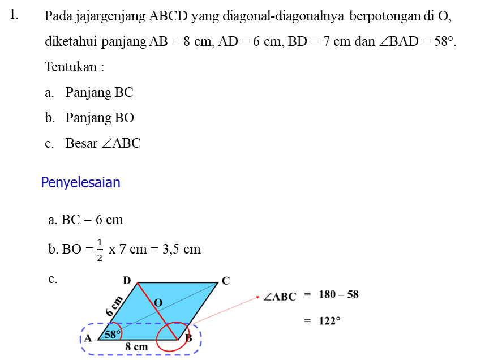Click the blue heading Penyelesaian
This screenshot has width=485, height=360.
tap(80, 182)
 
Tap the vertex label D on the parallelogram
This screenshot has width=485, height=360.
tap(127, 281)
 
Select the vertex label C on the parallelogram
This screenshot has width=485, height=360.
tap(226, 281)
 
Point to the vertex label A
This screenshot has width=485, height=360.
tap(88, 338)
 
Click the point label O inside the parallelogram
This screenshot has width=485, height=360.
tap(158, 302)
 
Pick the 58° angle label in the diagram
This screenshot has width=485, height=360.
tap(113, 335)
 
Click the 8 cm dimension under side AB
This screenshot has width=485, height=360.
tap(136, 347)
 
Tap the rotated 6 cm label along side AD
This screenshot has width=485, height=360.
tap(114, 306)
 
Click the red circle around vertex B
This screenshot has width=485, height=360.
tap(173, 337)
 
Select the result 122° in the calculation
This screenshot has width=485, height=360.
tap(329, 321)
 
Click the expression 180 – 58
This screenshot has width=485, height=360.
tap(338, 294)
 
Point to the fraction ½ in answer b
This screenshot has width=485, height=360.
tap(100, 250)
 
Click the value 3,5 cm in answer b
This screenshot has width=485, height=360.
tap(182, 249)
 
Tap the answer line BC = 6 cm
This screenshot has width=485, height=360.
tap(85, 220)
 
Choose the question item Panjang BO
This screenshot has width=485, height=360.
tap(100, 118)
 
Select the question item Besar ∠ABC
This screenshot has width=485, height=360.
tap(103, 143)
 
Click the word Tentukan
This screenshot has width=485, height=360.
tap(71, 67)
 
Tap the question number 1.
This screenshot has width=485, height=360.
tap(14, 15)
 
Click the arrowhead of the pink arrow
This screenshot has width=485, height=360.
tap(257, 298)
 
